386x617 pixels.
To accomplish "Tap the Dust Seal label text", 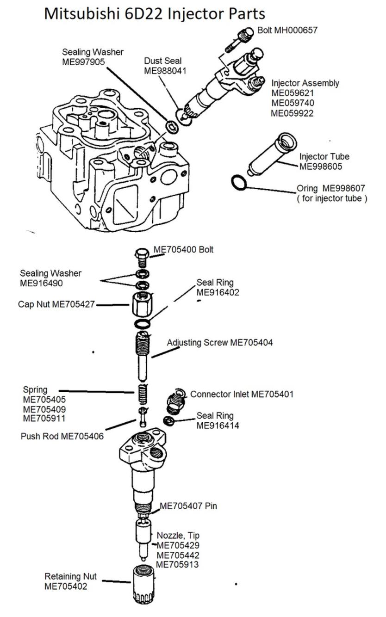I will tap(162, 61).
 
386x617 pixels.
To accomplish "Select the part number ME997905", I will tap(83, 62).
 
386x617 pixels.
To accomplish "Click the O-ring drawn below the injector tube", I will tap(238, 183).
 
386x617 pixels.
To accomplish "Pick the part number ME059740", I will tap(293, 103).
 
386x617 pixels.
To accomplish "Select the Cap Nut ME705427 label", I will tap(56, 304).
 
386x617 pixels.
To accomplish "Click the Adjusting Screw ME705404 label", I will tap(220, 343).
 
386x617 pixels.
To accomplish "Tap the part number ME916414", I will tap(218, 426).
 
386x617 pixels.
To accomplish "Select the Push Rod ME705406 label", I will tap(62, 436).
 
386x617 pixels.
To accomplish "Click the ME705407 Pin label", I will tap(188, 506).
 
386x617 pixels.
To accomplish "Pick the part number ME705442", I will tap(178, 555).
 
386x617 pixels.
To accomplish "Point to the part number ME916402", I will tap(218, 292).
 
